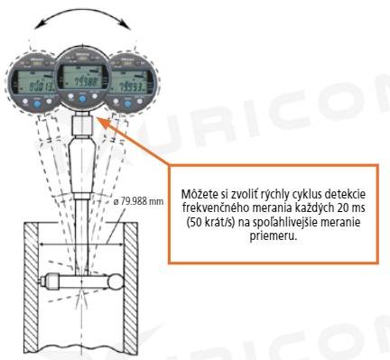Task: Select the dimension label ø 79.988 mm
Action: (x=140, y=199)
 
